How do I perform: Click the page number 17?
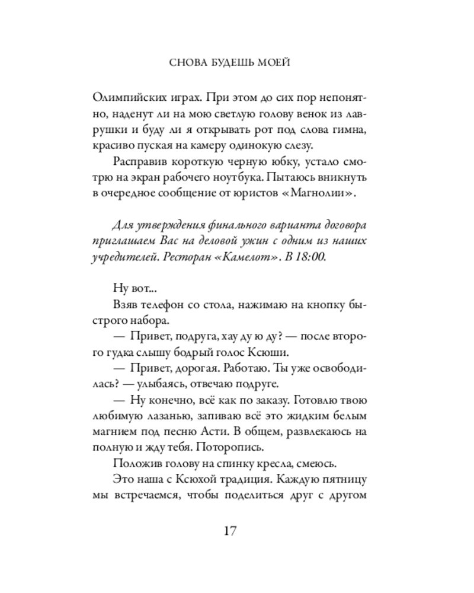pos(230,530)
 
